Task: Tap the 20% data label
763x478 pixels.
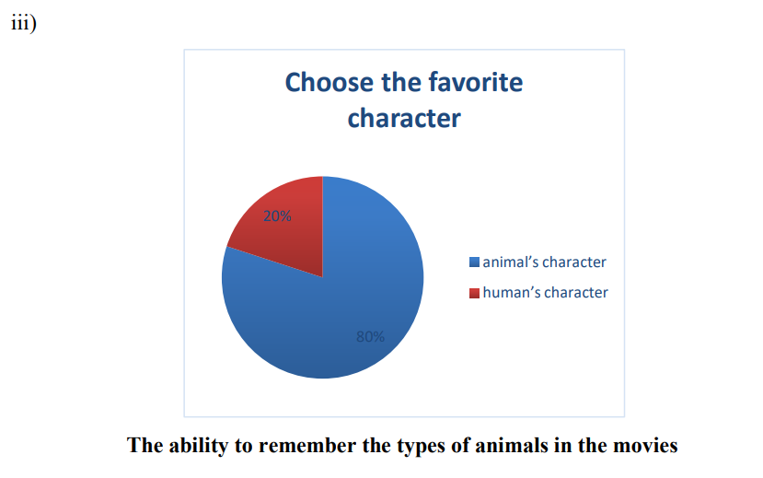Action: tap(277, 216)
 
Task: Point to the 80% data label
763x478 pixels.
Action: tap(370, 336)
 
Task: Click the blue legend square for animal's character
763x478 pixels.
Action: tap(474, 262)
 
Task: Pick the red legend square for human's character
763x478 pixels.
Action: tap(474, 293)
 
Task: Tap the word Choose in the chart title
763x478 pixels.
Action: tap(329, 82)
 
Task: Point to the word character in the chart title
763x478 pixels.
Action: tap(404, 118)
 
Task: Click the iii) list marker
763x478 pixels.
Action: tap(24, 22)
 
